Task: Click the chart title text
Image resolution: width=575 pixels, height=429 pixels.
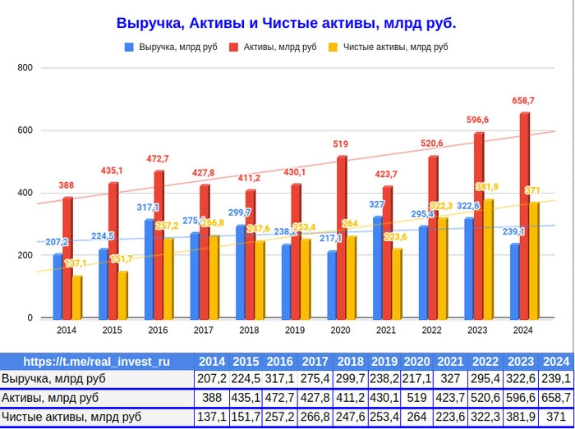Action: coord(286,24)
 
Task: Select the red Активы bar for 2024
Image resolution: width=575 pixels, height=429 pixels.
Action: coord(524,217)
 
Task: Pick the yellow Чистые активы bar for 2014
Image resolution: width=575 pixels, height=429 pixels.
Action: coord(77,297)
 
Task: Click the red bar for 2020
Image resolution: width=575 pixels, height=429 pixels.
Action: coord(341,238)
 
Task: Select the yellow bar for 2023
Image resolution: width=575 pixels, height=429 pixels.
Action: coord(488,259)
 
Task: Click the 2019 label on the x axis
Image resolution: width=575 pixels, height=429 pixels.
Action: coord(295,331)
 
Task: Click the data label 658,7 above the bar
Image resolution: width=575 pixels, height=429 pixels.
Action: coord(523,101)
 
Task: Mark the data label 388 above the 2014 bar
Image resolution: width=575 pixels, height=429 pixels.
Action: coord(67,185)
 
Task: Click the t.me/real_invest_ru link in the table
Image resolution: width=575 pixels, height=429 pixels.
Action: coord(97,361)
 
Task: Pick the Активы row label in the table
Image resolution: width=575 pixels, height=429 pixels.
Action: coord(50,398)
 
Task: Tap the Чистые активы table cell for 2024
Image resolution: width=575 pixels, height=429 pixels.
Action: coord(556,418)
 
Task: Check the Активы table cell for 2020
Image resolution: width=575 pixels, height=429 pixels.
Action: coord(417,398)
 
